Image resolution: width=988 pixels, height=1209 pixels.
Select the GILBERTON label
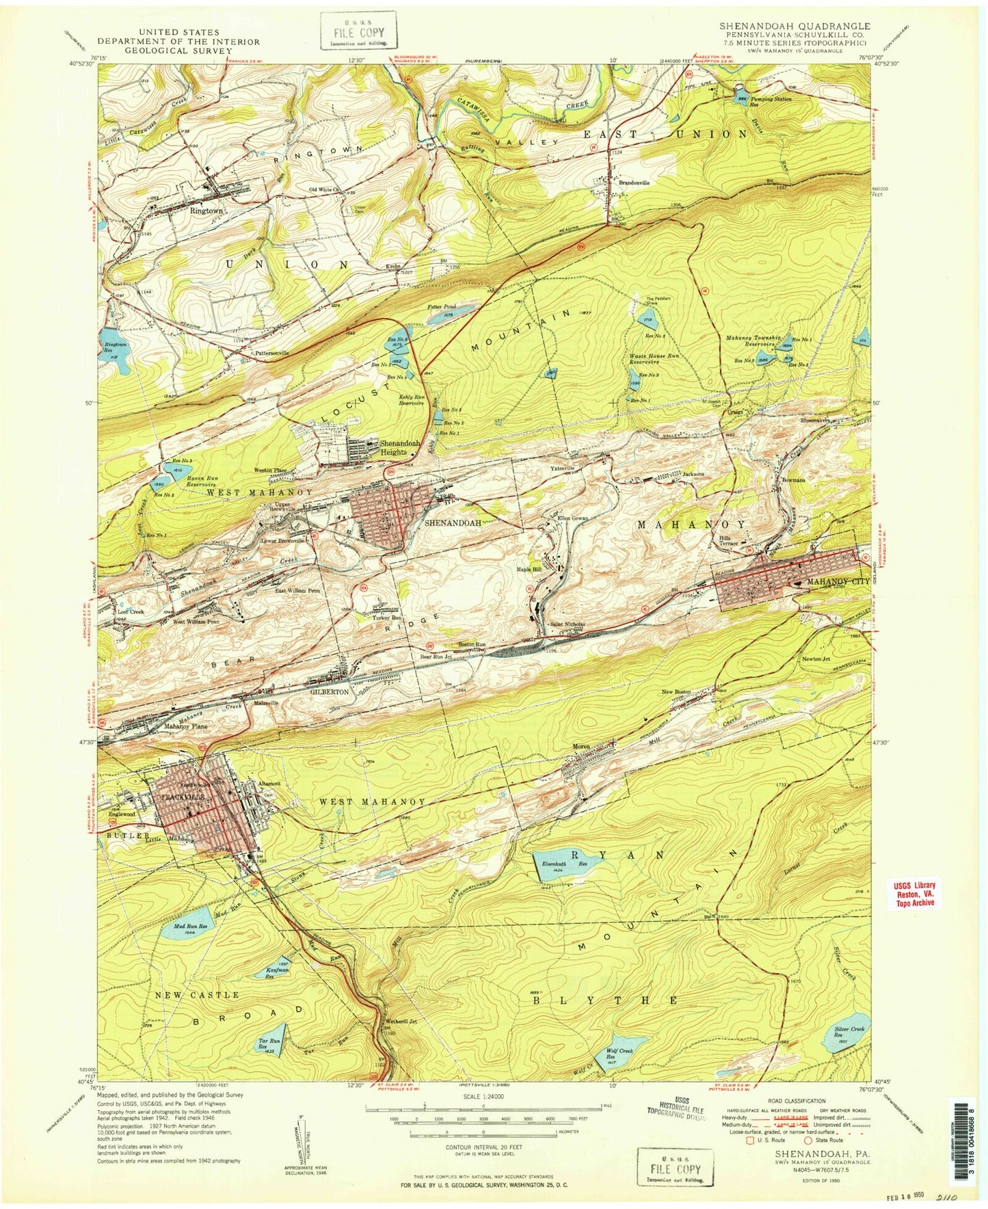[331, 692]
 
